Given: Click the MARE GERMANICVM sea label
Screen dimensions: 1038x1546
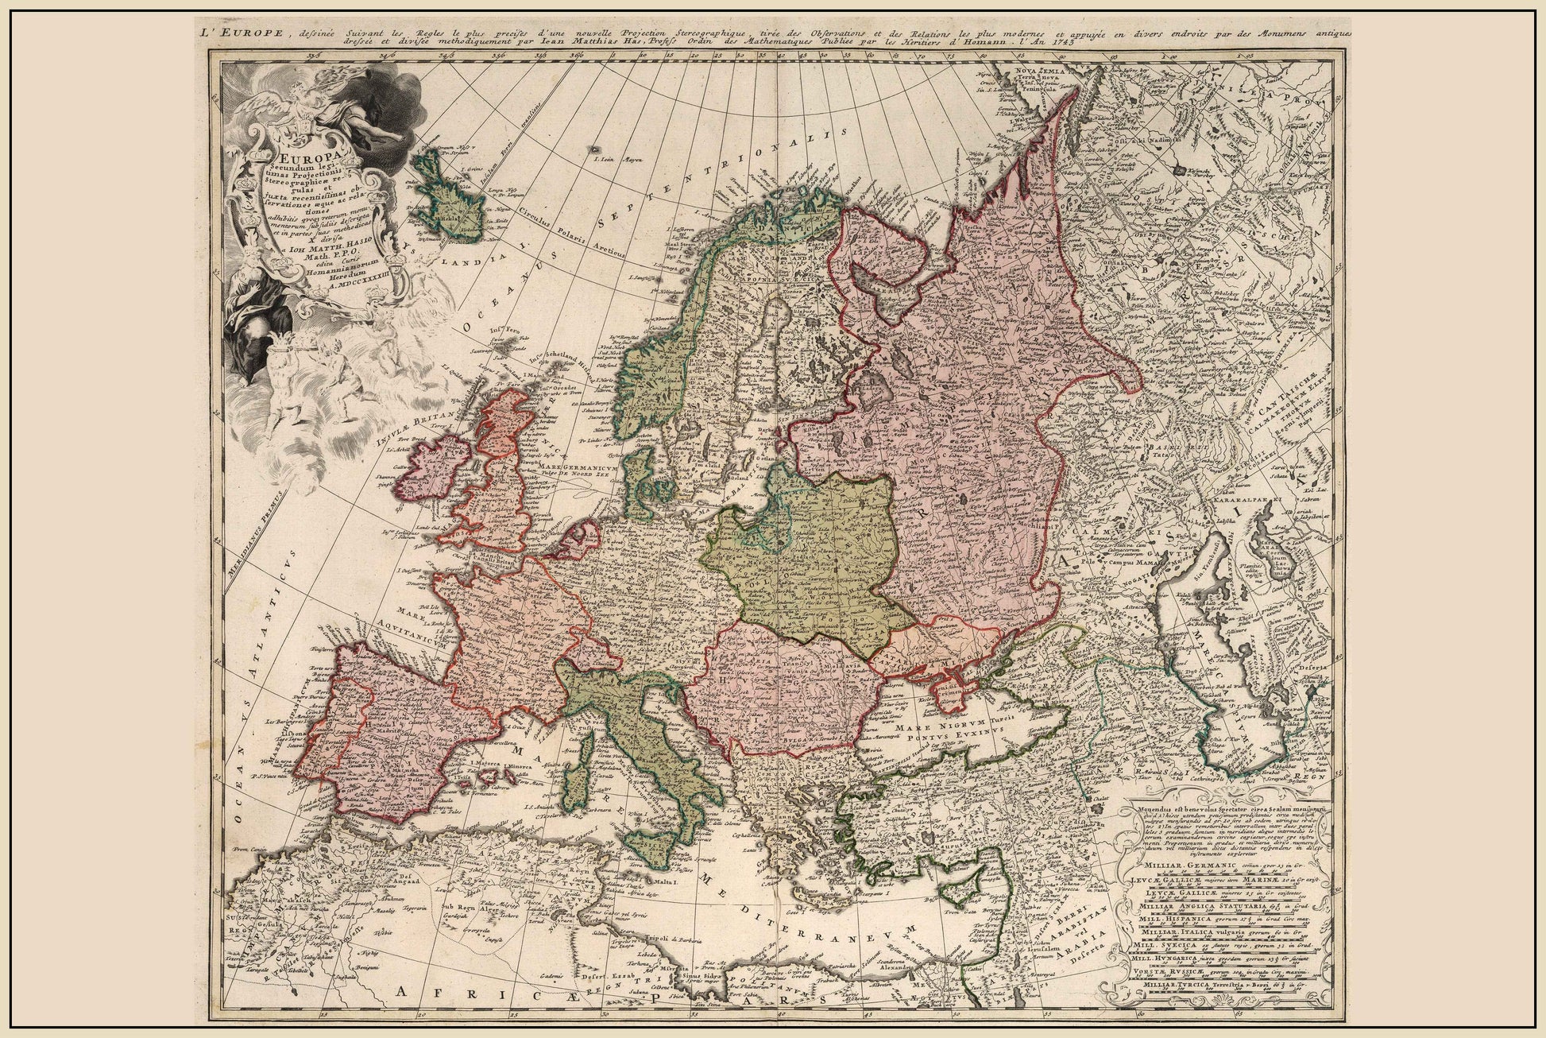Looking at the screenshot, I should click(x=579, y=468).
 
